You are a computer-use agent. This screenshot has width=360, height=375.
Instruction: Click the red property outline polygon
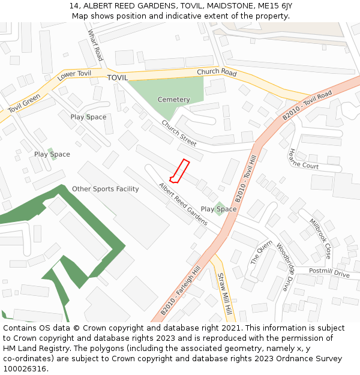pos(179,171)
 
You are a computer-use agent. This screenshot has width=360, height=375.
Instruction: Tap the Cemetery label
pos(173,100)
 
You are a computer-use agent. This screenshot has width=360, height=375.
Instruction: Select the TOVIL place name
pos(118,78)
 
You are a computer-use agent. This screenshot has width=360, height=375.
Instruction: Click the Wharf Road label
pos(95,45)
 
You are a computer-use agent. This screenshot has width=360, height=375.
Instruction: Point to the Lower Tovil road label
pos(74,76)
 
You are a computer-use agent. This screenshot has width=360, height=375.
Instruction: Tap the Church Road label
pos(217,72)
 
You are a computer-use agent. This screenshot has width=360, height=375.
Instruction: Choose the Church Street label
pos(179,134)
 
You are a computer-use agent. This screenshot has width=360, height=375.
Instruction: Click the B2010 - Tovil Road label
pos(307,107)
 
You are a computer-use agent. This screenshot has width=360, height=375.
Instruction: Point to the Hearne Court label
pos(304,159)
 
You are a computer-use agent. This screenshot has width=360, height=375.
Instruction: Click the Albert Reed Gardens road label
pos(183,204)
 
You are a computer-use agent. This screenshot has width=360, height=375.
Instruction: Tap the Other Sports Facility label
pos(106,189)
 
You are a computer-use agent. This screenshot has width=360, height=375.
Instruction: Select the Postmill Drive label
pos(329,274)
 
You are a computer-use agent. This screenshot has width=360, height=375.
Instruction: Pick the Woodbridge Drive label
pos(287,267)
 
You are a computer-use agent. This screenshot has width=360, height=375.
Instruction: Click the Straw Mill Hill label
pos(224,295)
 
